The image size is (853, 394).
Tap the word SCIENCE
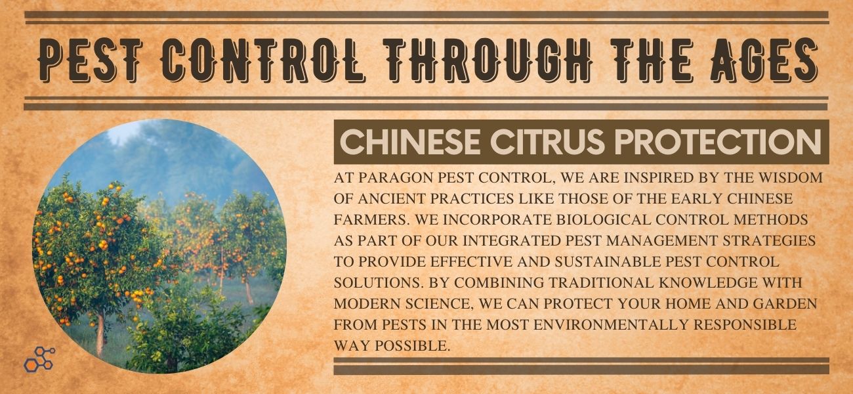(x=438, y=303)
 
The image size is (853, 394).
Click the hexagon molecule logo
(x=39, y=359)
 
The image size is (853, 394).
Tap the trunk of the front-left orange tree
(x=100, y=334)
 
